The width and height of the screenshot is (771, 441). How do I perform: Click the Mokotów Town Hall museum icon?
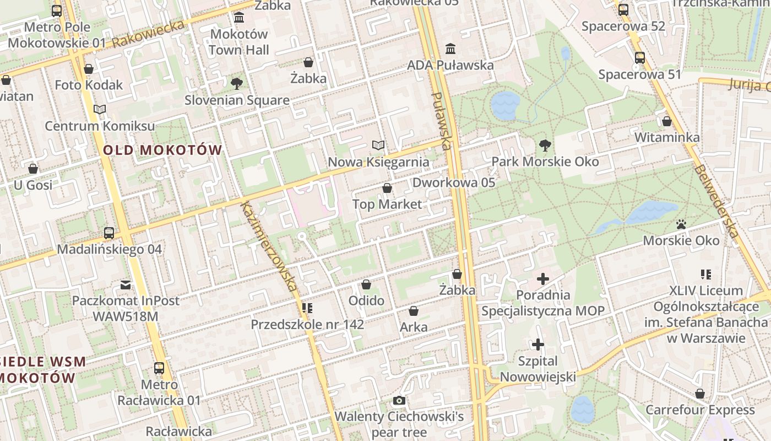click(x=239, y=18)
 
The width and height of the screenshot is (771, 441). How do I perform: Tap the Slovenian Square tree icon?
click(x=237, y=84)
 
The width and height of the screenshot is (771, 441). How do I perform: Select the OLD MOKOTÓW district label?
click(x=162, y=150)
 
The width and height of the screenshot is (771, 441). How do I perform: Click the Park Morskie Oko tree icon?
click(x=545, y=146)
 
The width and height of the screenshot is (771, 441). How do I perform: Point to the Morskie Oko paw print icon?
click(x=681, y=224)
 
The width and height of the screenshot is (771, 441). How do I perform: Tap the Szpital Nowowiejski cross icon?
click(x=538, y=345)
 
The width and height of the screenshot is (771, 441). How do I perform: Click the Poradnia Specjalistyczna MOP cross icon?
click(x=543, y=279)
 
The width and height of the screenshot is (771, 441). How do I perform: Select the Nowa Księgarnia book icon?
click(x=378, y=146)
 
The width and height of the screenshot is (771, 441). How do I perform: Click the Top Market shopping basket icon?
click(x=387, y=189)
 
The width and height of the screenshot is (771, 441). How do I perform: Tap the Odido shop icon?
click(x=366, y=284)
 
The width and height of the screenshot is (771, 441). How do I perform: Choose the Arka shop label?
click(x=414, y=327)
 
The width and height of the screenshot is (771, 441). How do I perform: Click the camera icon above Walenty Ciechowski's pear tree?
click(x=399, y=401)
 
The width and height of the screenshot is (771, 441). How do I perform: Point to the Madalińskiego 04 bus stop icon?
click(x=109, y=233)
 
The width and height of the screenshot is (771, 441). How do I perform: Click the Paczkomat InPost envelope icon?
click(x=126, y=285)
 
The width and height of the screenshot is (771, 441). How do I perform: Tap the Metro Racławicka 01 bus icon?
click(x=159, y=368)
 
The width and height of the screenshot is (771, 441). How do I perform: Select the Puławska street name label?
click(x=442, y=121)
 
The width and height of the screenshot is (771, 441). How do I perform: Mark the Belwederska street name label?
click(x=716, y=202)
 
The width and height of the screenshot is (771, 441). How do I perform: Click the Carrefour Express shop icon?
click(x=700, y=394)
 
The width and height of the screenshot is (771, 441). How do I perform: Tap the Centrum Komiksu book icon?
click(x=100, y=110)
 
